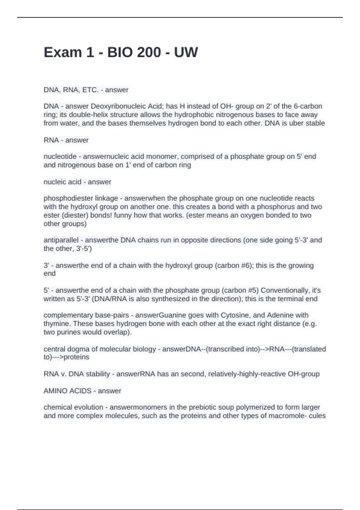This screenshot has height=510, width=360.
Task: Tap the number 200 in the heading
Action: pos(149,52)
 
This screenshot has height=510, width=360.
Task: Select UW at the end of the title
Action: pos(186,52)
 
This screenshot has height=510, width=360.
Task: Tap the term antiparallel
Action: pos(61,240)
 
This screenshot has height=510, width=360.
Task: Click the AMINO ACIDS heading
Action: pos(67,391)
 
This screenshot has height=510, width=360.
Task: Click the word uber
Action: pos(295,123)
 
